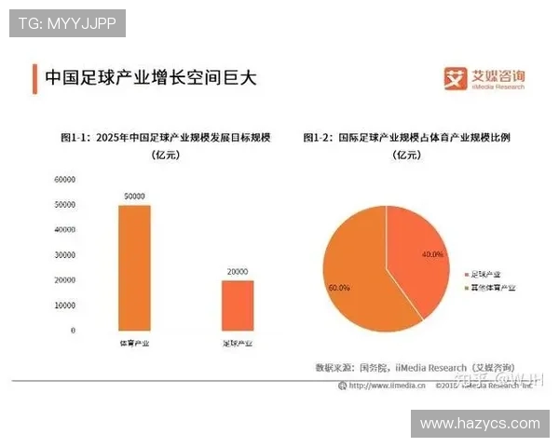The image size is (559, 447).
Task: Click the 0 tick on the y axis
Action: [73, 331]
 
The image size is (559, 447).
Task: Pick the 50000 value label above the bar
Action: [134, 196]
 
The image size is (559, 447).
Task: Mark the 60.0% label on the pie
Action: [339, 288]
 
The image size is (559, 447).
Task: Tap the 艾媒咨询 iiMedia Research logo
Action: [484, 78]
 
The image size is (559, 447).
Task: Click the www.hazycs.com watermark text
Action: [480, 424]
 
